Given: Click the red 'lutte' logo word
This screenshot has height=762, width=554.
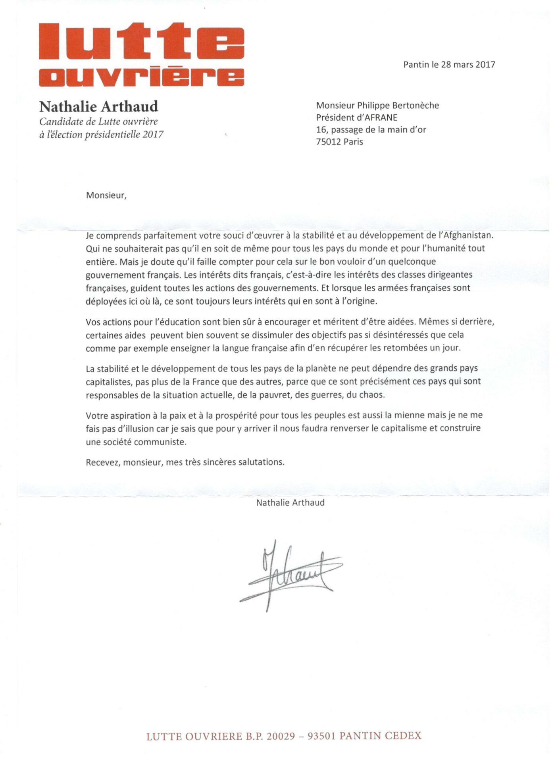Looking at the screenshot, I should [x=141, y=41].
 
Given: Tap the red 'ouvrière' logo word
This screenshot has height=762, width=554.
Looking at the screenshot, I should [x=141, y=76].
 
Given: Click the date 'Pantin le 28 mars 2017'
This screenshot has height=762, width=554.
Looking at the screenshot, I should [x=449, y=64].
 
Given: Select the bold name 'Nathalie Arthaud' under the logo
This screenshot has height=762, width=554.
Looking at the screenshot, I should [x=98, y=106].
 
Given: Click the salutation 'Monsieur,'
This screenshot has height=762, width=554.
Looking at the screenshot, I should [x=106, y=195].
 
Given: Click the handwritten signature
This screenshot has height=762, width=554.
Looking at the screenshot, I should [x=291, y=573].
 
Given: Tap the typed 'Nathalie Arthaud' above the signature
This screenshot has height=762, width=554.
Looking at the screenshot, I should [x=290, y=502].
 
